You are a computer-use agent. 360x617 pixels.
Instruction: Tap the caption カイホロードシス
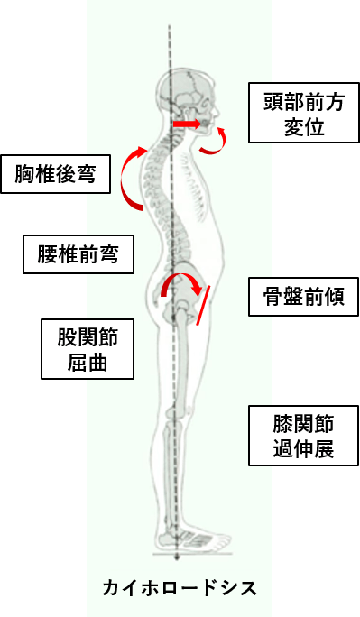pyautogui.click(x=179, y=588)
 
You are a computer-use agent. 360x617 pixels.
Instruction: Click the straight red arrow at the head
pyautogui.click(x=188, y=122)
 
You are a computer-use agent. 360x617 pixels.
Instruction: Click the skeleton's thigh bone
pyautogui.click(x=181, y=361)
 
